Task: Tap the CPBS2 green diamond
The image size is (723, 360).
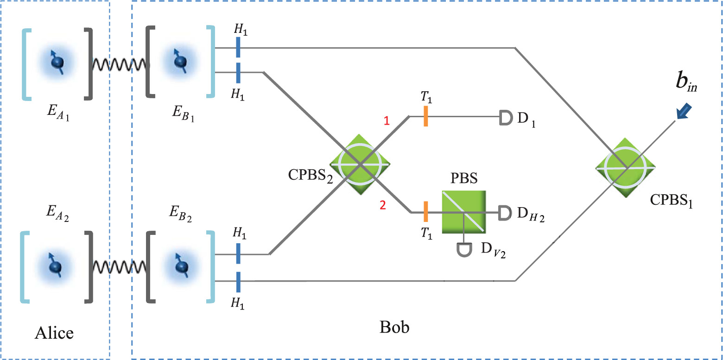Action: pyautogui.click(x=360, y=164)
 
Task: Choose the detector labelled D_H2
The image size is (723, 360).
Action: pyautogui.click(x=504, y=213)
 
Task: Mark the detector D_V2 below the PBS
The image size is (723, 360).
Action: pyautogui.click(x=463, y=249)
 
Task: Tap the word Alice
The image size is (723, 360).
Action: pyautogui.click(x=55, y=333)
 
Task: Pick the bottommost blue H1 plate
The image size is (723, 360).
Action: pyautogui.click(x=238, y=281)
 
